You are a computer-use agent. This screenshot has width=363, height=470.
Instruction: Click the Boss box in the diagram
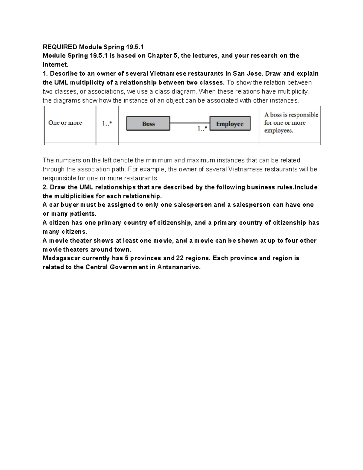coord(148,124)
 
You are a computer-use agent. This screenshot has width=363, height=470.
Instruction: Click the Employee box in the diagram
coord(230,124)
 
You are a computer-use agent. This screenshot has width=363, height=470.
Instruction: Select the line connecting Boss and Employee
coord(189,123)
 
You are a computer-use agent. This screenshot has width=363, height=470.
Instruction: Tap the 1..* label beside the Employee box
coord(202,129)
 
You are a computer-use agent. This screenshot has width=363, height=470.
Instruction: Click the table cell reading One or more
coord(65,123)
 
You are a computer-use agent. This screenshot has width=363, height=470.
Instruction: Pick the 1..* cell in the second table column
coord(107,123)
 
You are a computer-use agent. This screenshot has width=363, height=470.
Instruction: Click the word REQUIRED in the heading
coord(60,47)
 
